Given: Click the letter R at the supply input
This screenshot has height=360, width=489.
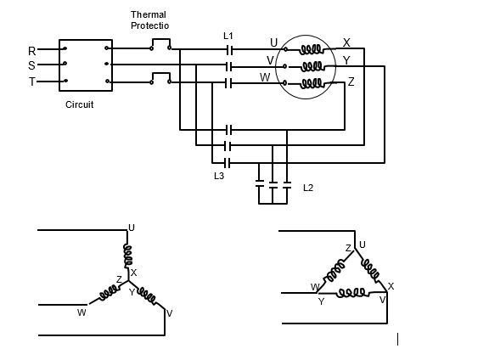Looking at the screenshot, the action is [x=31, y=51].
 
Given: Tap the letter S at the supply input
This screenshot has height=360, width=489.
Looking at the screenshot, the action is [x=31, y=65].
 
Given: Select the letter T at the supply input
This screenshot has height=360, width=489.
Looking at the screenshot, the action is [x=32, y=82].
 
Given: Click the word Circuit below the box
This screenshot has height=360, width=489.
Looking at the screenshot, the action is [x=79, y=104].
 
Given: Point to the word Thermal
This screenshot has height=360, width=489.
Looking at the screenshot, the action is [x=149, y=14].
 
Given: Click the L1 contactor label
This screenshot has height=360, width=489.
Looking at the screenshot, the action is [x=228, y=36].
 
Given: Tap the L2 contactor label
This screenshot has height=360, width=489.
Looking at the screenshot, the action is [x=308, y=188].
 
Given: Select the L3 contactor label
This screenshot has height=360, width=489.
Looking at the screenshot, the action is [x=219, y=176].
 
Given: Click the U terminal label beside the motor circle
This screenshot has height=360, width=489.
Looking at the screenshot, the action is [x=273, y=42].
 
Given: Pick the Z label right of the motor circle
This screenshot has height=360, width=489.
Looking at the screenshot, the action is [x=351, y=82].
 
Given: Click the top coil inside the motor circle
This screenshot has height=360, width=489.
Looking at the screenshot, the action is [x=311, y=49].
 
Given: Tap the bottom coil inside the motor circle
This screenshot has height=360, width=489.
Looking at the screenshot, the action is [x=311, y=83].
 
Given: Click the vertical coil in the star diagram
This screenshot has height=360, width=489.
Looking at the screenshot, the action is [x=128, y=256].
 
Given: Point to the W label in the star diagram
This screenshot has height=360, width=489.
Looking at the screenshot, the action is [x=81, y=312].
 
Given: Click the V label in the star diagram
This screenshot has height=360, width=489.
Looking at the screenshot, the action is [x=169, y=313].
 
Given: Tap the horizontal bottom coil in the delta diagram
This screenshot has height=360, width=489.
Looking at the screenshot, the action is [x=351, y=293].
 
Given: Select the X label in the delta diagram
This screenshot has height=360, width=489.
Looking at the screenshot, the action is [x=391, y=286].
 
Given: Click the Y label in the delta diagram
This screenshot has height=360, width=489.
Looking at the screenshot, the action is [x=322, y=301].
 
